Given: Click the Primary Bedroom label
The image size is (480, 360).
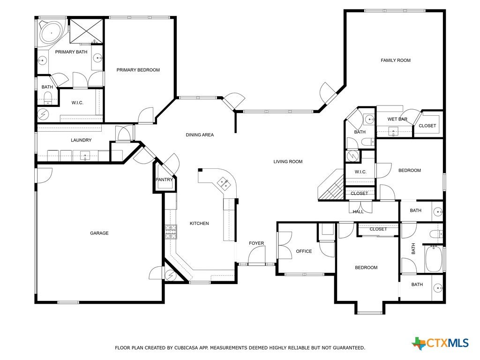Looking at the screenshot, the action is [138, 70].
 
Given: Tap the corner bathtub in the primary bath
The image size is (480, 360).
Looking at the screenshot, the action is [52, 32].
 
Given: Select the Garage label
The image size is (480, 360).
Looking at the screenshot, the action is [99, 233].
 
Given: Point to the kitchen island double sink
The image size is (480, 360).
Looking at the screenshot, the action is [224, 183].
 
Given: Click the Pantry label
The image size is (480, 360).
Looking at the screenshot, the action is [164, 180].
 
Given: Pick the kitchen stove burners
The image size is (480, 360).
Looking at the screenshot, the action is [171, 232].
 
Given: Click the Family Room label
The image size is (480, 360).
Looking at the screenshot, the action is [396, 60].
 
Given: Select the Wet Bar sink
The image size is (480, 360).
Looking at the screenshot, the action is [393, 132].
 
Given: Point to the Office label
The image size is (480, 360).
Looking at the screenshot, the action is [304, 251].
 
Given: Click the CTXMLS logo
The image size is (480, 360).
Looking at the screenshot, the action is [440, 343].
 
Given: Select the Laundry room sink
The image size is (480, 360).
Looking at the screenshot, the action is [85, 156].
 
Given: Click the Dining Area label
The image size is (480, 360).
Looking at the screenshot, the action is [200, 135].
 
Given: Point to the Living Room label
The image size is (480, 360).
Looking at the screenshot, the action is [288, 162].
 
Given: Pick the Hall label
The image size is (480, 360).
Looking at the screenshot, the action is [358, 211].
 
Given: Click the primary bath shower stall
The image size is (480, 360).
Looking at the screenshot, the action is [86, 31].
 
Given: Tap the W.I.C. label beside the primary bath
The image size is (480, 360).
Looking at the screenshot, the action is [77, 103].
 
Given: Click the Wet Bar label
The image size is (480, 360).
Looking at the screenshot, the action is [397, 119].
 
